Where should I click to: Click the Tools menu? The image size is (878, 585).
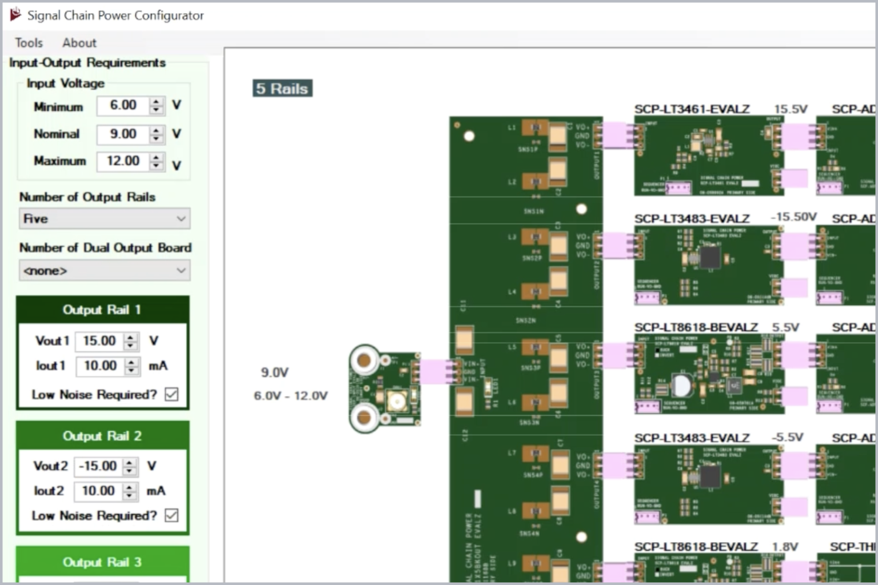click(x=29, y=43)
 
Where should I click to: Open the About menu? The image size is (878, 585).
click(x=79, y=43)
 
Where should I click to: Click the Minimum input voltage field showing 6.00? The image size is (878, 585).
click(x=123, y=106)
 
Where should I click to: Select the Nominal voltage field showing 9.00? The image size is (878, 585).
click(x=123, y=134)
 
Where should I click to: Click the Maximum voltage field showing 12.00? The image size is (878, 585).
click(x=123, y=161)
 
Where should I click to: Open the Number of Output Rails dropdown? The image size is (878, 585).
click(x=105, y=219)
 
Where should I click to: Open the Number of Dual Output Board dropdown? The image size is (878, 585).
click(x=105, y=270)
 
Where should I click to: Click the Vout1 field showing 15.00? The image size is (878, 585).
click(x=99, y=341)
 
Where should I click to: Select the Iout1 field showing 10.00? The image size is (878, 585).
click(x=100, y=366)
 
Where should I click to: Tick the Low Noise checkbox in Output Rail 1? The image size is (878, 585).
click(x=171, y=394)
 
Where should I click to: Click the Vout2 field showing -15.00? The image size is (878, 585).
click(x=98, y=466)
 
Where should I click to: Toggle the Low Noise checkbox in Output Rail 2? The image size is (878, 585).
click(x=171, y=515)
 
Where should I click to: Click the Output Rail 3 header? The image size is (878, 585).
click(x=102, y=562)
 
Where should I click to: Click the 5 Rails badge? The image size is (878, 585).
click(x=282, y=89)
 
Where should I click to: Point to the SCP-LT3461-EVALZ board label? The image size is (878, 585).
click(x=692, y=109)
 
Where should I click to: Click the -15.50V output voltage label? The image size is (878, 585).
click(x=793, y=217)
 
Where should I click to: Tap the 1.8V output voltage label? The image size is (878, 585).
click(x=785, y=547)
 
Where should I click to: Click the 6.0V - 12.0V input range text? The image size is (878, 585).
click(x=290, y=395)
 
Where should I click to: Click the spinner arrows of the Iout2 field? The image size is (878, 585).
click(x=130, y=491)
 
